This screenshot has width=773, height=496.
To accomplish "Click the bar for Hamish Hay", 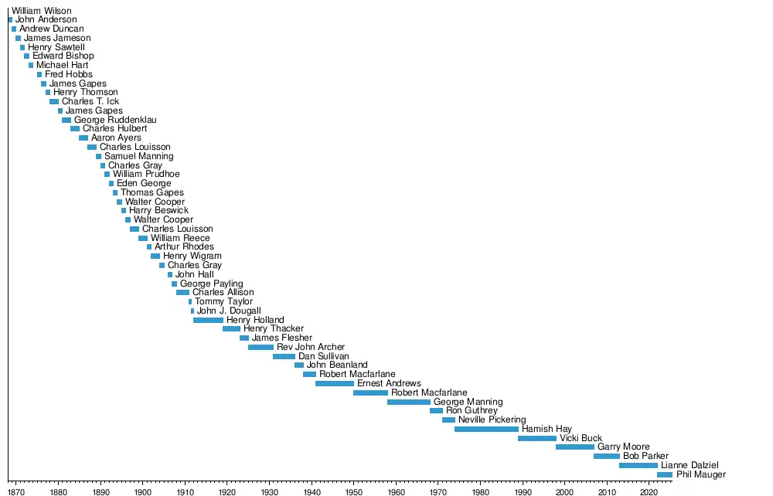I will tap(486, 429).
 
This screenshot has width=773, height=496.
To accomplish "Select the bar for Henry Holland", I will tap(208, 320).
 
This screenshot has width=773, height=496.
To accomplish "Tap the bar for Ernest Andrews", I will tap(335, 383).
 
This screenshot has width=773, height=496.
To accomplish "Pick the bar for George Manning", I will tap(409, 402).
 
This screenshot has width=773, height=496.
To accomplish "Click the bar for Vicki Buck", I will tap(537, 438).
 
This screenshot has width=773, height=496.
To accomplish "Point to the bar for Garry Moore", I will tap(575, 447).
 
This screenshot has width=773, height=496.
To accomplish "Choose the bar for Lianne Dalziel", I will tap(638, 465).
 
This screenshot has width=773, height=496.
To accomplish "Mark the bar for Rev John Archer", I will tap(261, 347).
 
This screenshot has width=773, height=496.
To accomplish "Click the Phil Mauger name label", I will tap(701, 474).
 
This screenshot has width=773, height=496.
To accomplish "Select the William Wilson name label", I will tap(41, 11).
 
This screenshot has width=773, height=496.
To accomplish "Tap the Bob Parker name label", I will tap(645, 456).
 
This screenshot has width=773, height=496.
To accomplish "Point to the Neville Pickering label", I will tap(492, 420).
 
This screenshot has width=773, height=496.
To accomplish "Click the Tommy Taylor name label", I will tap(223, 301).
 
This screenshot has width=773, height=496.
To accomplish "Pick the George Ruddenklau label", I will tap(115, 120).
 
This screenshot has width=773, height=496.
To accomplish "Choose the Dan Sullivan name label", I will tap(323, 356).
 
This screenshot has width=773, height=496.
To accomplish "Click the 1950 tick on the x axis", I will tap(353, 481).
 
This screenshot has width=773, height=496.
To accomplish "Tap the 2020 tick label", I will tap(649, 490).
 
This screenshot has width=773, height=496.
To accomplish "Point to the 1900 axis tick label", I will tap(143, 490).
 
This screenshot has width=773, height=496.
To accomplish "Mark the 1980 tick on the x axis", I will tap(480, 481).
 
